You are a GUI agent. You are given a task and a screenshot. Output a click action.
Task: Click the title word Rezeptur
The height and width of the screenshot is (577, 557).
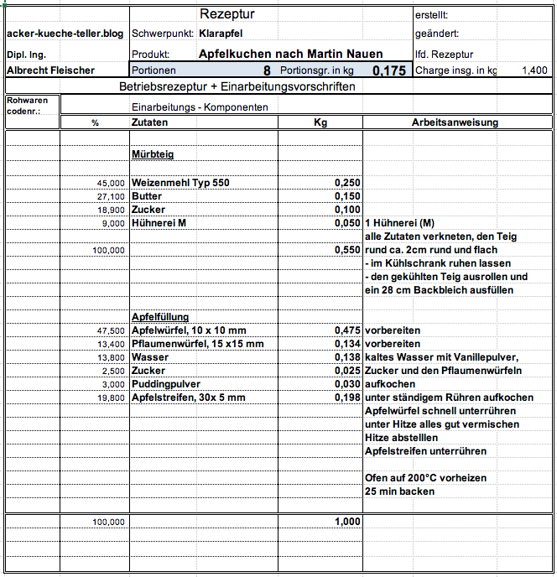coord(227,14)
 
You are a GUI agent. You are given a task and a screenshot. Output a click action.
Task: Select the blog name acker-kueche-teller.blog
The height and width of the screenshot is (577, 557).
coord(65,34)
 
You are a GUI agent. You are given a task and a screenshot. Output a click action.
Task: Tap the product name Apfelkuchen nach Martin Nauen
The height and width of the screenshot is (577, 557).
coord(290,54)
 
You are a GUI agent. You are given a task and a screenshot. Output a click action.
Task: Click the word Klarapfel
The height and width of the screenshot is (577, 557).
coord(221,34)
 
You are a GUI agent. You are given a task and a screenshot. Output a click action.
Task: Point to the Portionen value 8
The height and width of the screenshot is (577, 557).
coord(267,71)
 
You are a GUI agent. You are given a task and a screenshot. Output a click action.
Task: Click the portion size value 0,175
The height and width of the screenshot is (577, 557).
coord(389,71)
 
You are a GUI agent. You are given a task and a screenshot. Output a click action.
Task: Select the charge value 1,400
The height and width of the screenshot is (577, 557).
coord(534,71)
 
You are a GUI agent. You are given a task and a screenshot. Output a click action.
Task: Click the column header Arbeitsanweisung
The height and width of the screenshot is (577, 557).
coord(455,122)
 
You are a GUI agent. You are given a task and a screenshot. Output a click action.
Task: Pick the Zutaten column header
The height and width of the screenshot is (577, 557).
coord(149,122)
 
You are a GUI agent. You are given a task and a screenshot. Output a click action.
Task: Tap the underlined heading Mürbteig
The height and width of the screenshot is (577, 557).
coord(153,154)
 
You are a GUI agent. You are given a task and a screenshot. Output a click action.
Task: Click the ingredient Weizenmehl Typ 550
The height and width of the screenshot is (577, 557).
coord(180,182)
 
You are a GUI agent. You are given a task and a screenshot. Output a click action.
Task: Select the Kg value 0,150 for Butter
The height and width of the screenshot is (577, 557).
coord(347,196)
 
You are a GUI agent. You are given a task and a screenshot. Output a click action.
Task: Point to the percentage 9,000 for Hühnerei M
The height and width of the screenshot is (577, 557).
coord(112,223)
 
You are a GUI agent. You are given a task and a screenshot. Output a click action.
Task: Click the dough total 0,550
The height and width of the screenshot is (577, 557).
coord(347,250)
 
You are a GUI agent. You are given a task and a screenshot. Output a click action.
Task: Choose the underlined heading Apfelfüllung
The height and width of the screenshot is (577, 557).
coord(160,317)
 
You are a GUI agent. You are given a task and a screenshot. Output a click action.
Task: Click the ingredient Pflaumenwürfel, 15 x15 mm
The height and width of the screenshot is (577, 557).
coord(197,344)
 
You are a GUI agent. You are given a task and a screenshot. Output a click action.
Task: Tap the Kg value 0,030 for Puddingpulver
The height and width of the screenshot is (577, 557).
coord(347,384)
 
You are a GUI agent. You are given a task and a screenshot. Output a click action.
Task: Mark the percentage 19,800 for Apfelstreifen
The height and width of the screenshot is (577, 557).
coord(110,398)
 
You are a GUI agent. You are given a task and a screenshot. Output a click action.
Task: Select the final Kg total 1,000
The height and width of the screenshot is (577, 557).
coord(347,522)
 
